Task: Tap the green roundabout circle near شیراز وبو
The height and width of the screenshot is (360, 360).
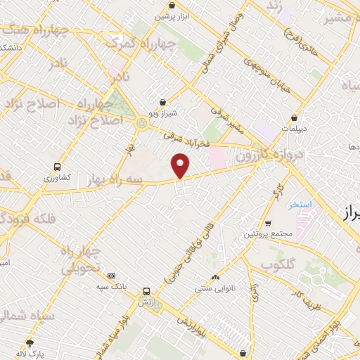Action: click(x=142, y=124)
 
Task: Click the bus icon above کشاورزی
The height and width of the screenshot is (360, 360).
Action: click(x=58, y=167)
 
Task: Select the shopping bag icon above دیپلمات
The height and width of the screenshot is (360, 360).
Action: click(x=294, y=117)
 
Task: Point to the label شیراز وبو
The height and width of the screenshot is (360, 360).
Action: click(x=163, y=112)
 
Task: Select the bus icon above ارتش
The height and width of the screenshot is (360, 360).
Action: click(x=146, y=291)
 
